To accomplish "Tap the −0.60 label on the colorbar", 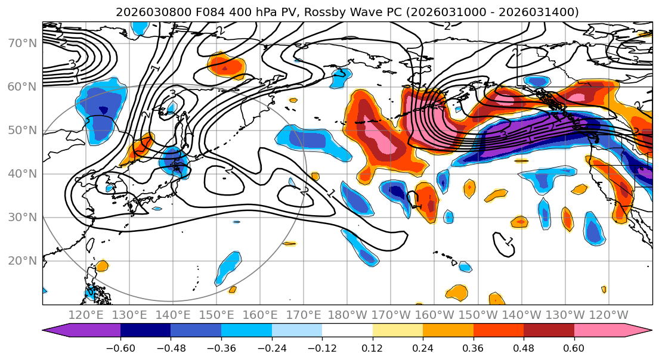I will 120,347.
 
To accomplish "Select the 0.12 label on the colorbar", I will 372,347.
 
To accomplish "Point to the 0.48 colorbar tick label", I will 524,347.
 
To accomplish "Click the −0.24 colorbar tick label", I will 271,347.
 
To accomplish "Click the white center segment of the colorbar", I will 347,331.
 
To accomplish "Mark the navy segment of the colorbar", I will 146,331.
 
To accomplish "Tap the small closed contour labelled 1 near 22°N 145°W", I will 505,242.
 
